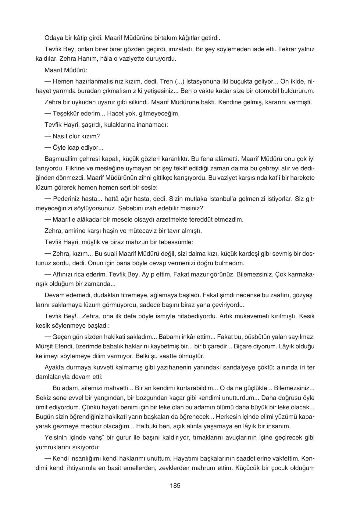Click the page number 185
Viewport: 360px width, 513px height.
click(175, 486)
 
